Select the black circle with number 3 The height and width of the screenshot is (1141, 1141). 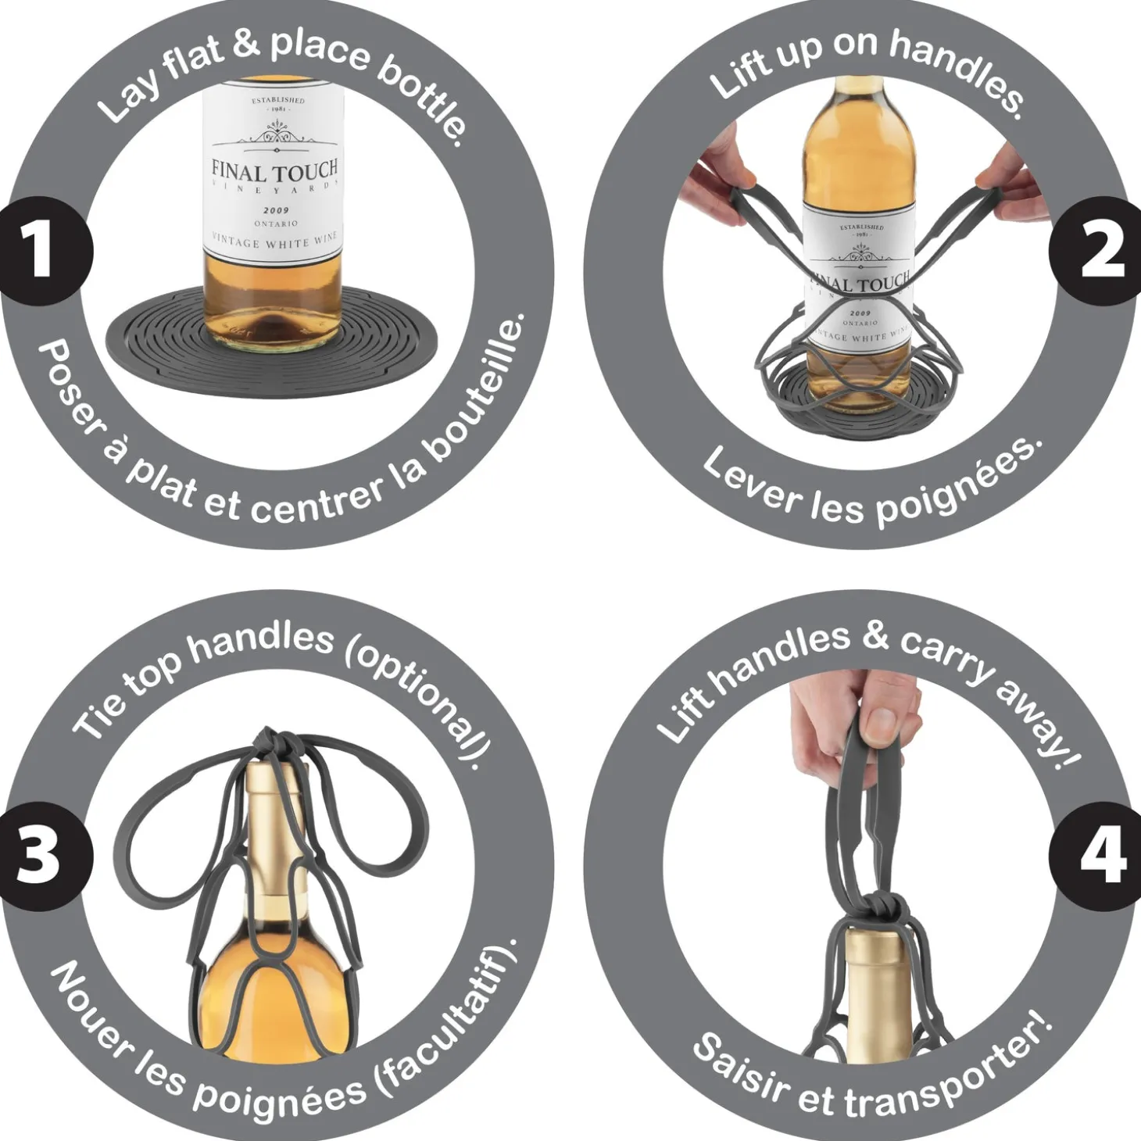(x=41, y=857)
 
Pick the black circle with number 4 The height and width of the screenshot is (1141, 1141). (x=1098, y=857)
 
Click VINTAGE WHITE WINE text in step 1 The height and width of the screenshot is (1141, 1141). (x=274, y=240)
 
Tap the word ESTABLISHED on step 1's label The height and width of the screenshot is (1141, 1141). (x=277, y=101)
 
